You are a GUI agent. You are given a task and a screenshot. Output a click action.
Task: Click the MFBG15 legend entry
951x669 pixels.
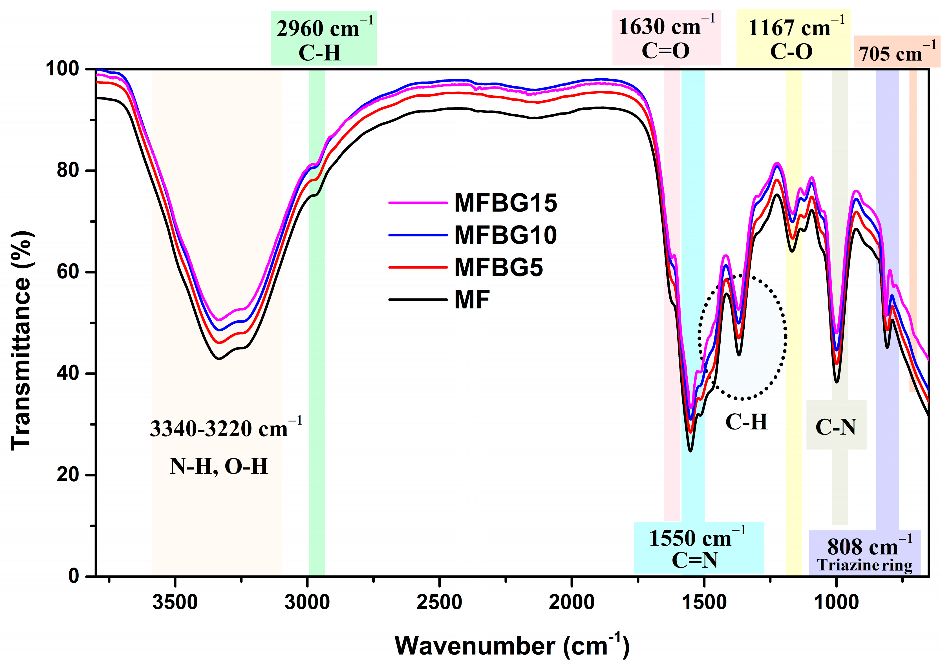coord(505,203)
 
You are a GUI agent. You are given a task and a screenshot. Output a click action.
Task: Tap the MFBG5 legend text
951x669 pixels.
coord(498,267)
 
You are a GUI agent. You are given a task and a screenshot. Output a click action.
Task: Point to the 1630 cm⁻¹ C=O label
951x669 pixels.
coord(667,38)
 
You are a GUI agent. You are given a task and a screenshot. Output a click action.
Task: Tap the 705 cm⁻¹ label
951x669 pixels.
coord(897,53)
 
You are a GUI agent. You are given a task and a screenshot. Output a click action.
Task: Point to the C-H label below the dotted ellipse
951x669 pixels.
coord(746,422)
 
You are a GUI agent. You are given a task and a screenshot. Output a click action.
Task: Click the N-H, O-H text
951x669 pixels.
coord(219,467)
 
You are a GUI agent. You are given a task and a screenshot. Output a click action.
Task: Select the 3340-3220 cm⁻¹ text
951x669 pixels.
coord(225,428)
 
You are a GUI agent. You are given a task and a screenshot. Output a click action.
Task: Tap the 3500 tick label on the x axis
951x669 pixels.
coord(175,602)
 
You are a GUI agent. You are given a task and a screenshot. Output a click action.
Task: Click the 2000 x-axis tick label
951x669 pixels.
coord(572,602)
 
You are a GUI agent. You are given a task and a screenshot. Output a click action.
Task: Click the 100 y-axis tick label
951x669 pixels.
coord(62,69)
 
